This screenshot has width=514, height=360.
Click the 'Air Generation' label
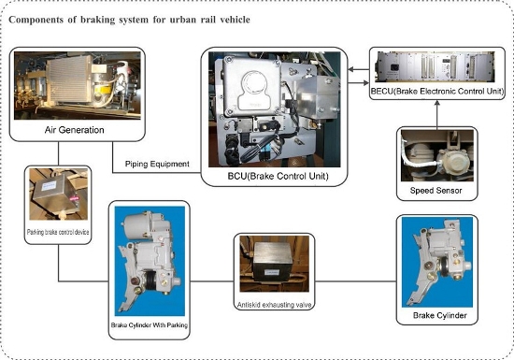tap(75, 130)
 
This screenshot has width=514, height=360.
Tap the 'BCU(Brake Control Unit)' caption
tap(278, 176)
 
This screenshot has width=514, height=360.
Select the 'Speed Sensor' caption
tap(436, 191)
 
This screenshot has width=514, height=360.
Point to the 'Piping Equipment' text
tap(157, 164)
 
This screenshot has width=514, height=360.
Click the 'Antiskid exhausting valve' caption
tap(275, 305)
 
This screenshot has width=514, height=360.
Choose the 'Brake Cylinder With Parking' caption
tap(150, 325)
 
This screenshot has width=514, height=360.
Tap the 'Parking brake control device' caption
tap(58, 232)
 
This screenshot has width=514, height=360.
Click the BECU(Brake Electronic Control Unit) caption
tap(437, 91)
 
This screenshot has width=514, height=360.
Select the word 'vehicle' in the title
tap(235, 20)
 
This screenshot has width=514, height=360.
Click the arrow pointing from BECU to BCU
tap(358, 69)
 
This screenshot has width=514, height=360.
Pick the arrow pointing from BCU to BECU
tap(358, 83)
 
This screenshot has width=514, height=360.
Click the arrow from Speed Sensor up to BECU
tap(436, 113)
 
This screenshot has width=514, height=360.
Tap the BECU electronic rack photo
tap(435, 67)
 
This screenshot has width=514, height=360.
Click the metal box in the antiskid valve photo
tap(273, 261)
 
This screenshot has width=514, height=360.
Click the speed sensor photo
tap(437, 155)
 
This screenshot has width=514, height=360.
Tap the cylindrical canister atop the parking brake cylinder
tap(136, 224)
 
